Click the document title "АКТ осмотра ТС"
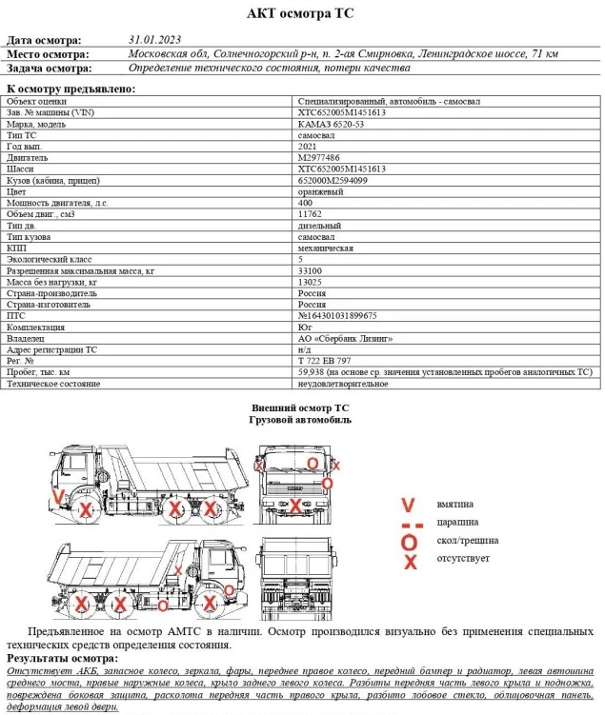[x=301, y=12]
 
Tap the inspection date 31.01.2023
[x=153, y=40]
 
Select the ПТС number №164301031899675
[x=337, y=316]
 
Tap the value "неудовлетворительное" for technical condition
[x=343, y=384]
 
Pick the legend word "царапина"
[x=459, y=523]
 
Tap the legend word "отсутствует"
[x=463, y=559]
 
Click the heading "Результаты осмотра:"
[x=62, y=658]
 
